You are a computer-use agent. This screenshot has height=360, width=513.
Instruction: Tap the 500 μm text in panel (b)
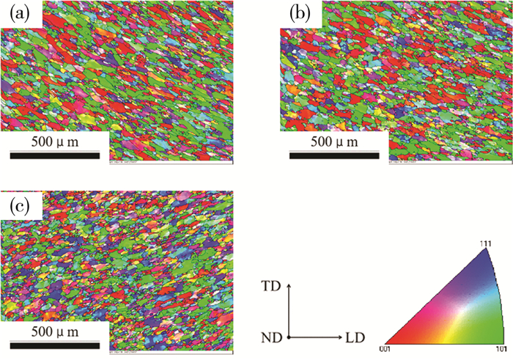[333, 141]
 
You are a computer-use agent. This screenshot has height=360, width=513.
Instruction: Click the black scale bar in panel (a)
[55, 155]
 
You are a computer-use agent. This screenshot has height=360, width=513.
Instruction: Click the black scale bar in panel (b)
[333, 155]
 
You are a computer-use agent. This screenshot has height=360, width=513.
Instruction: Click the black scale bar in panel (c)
[55, 344]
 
